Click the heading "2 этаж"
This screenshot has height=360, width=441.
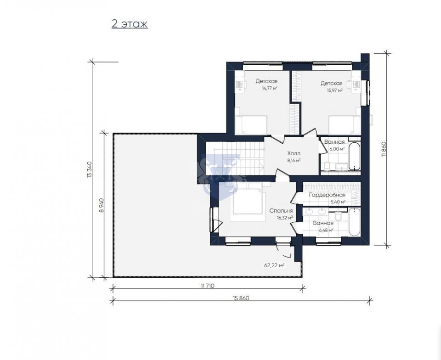click(x=130, y=24)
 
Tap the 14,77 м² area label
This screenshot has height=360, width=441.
click(x=270, y=88)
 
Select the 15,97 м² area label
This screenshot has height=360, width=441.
click(x=334, y=90)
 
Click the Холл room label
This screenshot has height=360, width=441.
click(x=294, y=153)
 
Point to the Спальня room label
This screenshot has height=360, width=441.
click(x=281, y=211)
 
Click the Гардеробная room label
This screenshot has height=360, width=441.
click(x=327, y=195)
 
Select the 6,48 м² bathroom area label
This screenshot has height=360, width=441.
click(x=326, y=230)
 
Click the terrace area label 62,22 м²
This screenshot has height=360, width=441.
click(x=274, y=265)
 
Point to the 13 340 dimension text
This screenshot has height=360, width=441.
click(x=90, y=169)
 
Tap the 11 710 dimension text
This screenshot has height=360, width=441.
click(x=208, y=286)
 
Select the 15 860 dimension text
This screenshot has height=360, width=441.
click(x=241, y=298)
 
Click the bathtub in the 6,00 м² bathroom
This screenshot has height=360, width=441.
click(x=354, y=156)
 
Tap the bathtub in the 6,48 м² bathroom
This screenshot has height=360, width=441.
click(x=354, y=222)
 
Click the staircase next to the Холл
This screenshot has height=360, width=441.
click(x=235, y=158)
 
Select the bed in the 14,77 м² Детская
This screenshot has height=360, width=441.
click(x=251, y=125)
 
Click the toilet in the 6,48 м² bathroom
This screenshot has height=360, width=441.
click(x=339, y=216)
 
